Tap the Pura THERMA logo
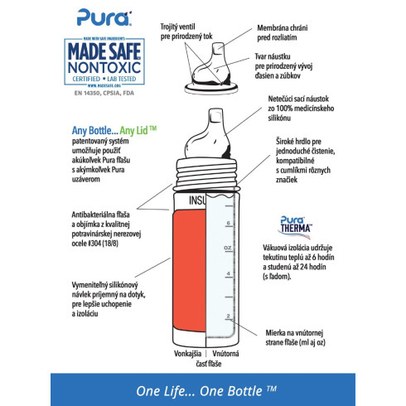294,224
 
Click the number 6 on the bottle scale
227,222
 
